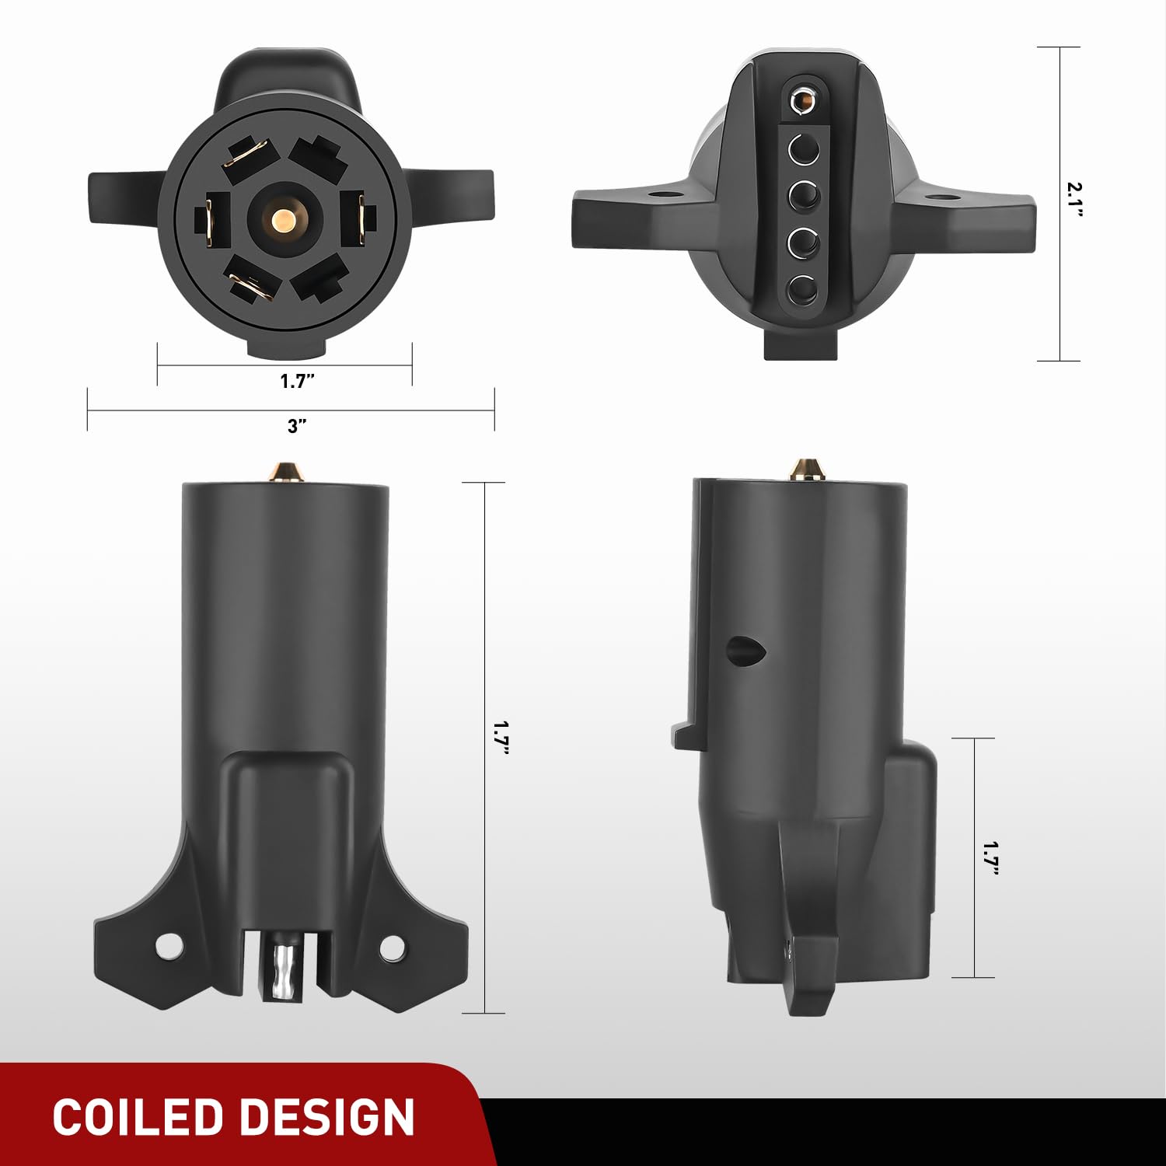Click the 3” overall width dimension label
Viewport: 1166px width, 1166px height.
point(297,426)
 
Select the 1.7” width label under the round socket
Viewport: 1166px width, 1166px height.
point(297,380)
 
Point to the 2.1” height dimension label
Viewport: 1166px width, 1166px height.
point(1074,201)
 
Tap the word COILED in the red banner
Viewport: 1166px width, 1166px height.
point(138,1118)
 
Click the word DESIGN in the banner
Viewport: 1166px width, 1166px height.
point(326,1118)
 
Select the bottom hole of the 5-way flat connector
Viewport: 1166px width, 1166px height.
point(802,291)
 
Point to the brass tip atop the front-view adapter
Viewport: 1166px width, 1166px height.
point(285,471)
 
